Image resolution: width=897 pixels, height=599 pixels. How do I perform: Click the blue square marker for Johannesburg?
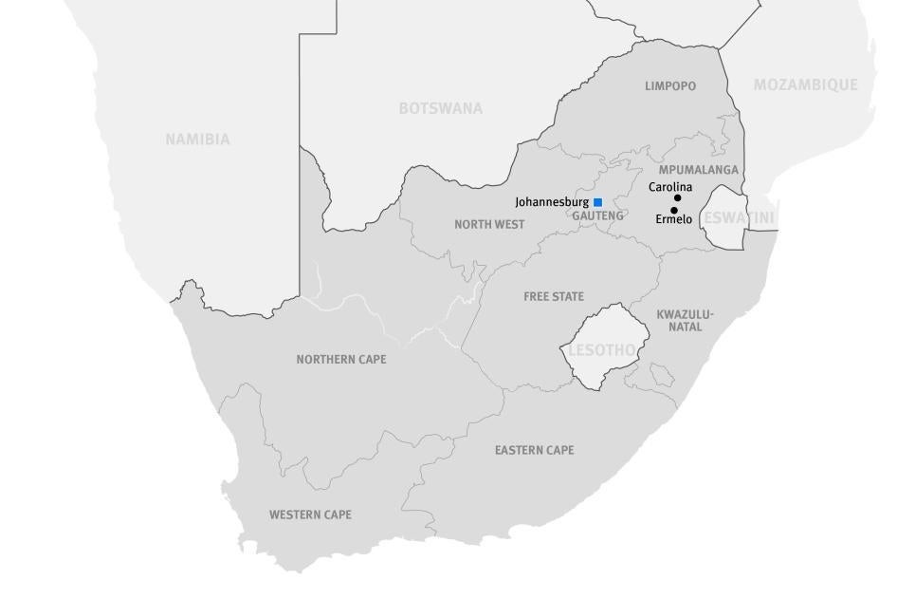598,202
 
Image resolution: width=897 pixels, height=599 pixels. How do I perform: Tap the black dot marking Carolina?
677,198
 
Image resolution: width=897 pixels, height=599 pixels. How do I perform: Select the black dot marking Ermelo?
674,211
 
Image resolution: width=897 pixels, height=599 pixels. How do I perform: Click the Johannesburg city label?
552,202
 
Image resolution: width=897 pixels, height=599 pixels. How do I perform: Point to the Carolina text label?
670,187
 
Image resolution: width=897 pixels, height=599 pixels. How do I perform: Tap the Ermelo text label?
673,220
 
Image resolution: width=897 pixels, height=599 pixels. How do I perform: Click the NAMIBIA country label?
197,140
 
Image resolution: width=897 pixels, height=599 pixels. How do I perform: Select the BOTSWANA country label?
440,108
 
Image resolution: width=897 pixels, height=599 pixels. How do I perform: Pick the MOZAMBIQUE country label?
805,84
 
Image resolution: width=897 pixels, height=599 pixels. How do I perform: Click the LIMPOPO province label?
670,86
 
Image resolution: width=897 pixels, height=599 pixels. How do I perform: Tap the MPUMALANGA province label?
699,170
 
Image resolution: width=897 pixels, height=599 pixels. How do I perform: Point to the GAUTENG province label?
598,215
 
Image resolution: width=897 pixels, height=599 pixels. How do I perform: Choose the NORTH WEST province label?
489,225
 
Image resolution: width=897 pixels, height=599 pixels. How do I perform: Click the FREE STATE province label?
554,297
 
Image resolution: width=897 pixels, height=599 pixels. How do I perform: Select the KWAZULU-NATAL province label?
686,321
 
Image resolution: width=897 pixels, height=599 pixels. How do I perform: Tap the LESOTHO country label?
601,350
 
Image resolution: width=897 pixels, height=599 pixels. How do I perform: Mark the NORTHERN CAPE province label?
341,360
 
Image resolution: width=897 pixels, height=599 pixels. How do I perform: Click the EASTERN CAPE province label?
534,450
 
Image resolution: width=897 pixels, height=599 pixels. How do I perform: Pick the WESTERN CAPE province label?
310,515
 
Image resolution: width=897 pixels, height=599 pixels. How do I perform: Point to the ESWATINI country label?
739,218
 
